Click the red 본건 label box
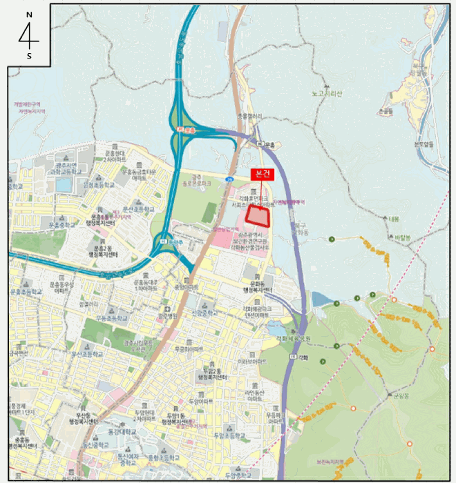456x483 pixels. pos(263,175)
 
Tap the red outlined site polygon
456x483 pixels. pos(258,216)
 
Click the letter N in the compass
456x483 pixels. pos(29,14)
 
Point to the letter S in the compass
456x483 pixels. pos(29,56)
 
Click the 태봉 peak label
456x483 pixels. pos(395,219)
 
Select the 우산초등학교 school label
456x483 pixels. pos(91,353)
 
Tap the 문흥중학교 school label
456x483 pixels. pos(61,224)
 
